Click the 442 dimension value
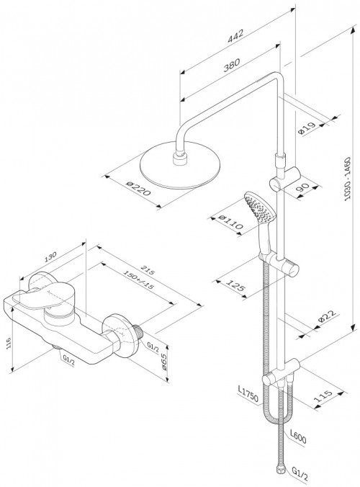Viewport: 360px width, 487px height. pyautogui.click(x=236, y=36)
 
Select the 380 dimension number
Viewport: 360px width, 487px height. pyautogui.click(x=232, y=65)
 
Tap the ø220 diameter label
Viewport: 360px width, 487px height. pyautogui.click(x=139, y=188)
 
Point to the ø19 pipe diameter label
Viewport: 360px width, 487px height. pyautogui.click(x=307, y=128)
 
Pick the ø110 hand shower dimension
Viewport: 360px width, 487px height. pyautogui.click(x=230, y=221)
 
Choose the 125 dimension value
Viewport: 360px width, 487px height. pyautogui.click(x=235, y=286)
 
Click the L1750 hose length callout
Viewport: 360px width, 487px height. pyautogui.click(x=248, y=394)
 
